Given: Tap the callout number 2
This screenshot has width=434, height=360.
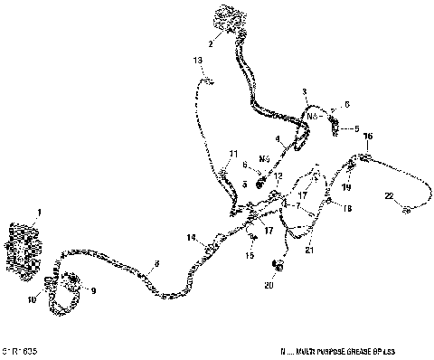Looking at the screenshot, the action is (x=211, y=43).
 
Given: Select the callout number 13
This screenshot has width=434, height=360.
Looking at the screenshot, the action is (x=198, y=60).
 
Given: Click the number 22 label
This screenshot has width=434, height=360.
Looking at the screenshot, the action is (x=388, y=196).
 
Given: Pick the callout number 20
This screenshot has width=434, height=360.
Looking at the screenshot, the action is (x=268, y=286).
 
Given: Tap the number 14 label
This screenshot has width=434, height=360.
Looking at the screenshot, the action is (x=192, y=238).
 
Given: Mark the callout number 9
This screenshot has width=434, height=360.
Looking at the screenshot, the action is (x=91, y=289).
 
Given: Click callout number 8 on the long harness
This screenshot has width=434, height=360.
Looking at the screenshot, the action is (x=156, y=263).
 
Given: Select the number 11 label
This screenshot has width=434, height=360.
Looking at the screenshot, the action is (x=232, y=154).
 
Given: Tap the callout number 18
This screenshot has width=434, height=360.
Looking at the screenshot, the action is (x=346, y=208).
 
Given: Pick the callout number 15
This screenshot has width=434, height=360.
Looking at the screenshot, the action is (x=249, y=256).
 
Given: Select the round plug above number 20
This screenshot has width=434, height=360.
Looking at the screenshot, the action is (x=278, y=266).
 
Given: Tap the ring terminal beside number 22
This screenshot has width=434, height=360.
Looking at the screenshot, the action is (x=408, y=210).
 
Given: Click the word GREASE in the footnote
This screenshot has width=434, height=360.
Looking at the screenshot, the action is (x=354, y=348).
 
